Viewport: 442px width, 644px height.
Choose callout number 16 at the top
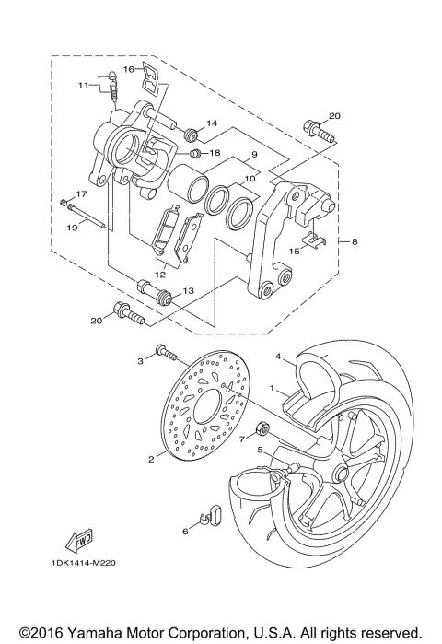tap(129, 68)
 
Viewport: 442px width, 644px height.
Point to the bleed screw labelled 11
tap(113, 88)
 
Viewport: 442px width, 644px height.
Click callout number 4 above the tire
tap(276, 356)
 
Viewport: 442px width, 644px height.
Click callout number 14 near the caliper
tap(211, 123)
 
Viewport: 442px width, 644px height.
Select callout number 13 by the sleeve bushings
tap(188, 290)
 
